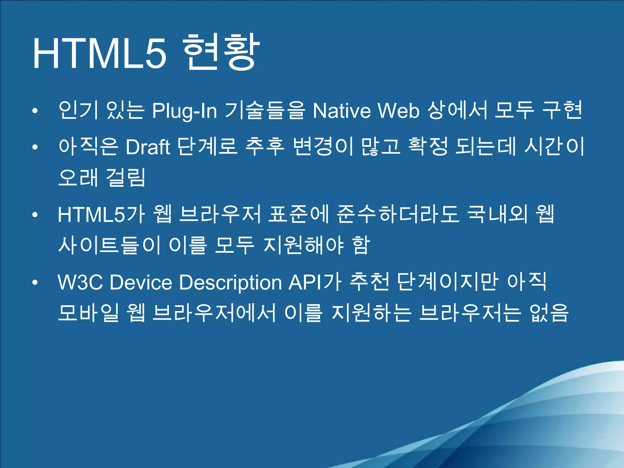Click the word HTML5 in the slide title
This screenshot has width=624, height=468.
(99, 54)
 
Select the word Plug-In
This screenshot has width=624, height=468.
(184, 111)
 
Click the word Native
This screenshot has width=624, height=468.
(342, 110)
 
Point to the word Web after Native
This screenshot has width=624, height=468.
(399, 110)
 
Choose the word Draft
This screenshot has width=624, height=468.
(148, 147)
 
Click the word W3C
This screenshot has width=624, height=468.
(80, 282)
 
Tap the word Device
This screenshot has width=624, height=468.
(141, 282)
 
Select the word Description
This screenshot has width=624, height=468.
(230, 283)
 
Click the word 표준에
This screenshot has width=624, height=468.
(299, 214)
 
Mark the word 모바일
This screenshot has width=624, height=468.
(88, 313)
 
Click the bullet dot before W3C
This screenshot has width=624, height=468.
(35, 282)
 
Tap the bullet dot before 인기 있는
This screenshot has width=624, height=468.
(35, 111)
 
